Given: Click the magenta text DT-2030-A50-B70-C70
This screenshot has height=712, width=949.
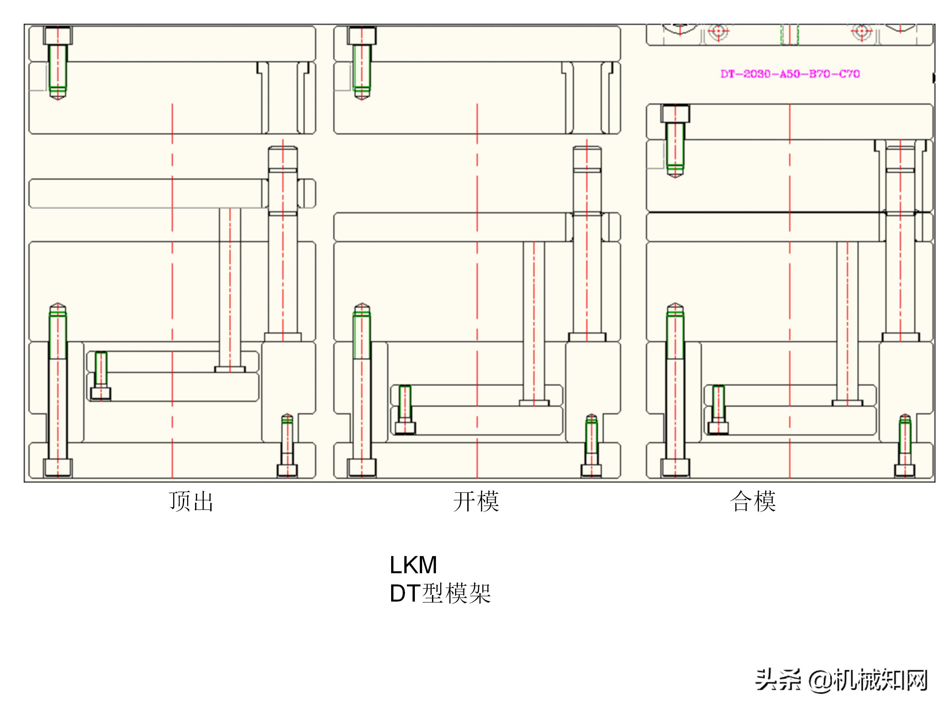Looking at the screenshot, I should point(790,74).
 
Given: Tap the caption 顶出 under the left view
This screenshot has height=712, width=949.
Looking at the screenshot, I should point(191,501).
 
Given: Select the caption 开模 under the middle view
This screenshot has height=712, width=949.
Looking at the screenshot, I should point(476,501).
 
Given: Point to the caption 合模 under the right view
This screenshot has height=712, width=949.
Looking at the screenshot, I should point(753,501).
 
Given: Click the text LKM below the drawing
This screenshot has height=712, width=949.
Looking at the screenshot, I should point(413,565).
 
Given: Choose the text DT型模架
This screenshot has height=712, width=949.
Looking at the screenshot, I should point(440,594).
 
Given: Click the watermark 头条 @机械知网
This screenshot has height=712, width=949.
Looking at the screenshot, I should point(841,680).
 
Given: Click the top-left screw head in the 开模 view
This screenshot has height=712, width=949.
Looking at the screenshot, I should point(362,36).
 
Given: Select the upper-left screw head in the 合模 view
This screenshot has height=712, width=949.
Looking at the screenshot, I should point(675,114).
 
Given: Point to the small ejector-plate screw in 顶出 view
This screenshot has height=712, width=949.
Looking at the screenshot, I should point(101,394).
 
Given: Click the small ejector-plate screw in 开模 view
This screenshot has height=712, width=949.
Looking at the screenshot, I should point(405,428).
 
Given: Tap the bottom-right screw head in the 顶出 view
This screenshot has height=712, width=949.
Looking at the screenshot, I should point(287,470).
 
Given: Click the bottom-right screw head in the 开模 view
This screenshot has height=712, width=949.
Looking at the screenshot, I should point(591,470).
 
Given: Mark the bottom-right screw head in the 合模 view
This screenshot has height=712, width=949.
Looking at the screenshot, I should point(905,470).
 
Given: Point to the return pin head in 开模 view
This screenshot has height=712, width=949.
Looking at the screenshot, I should point(534,403).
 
